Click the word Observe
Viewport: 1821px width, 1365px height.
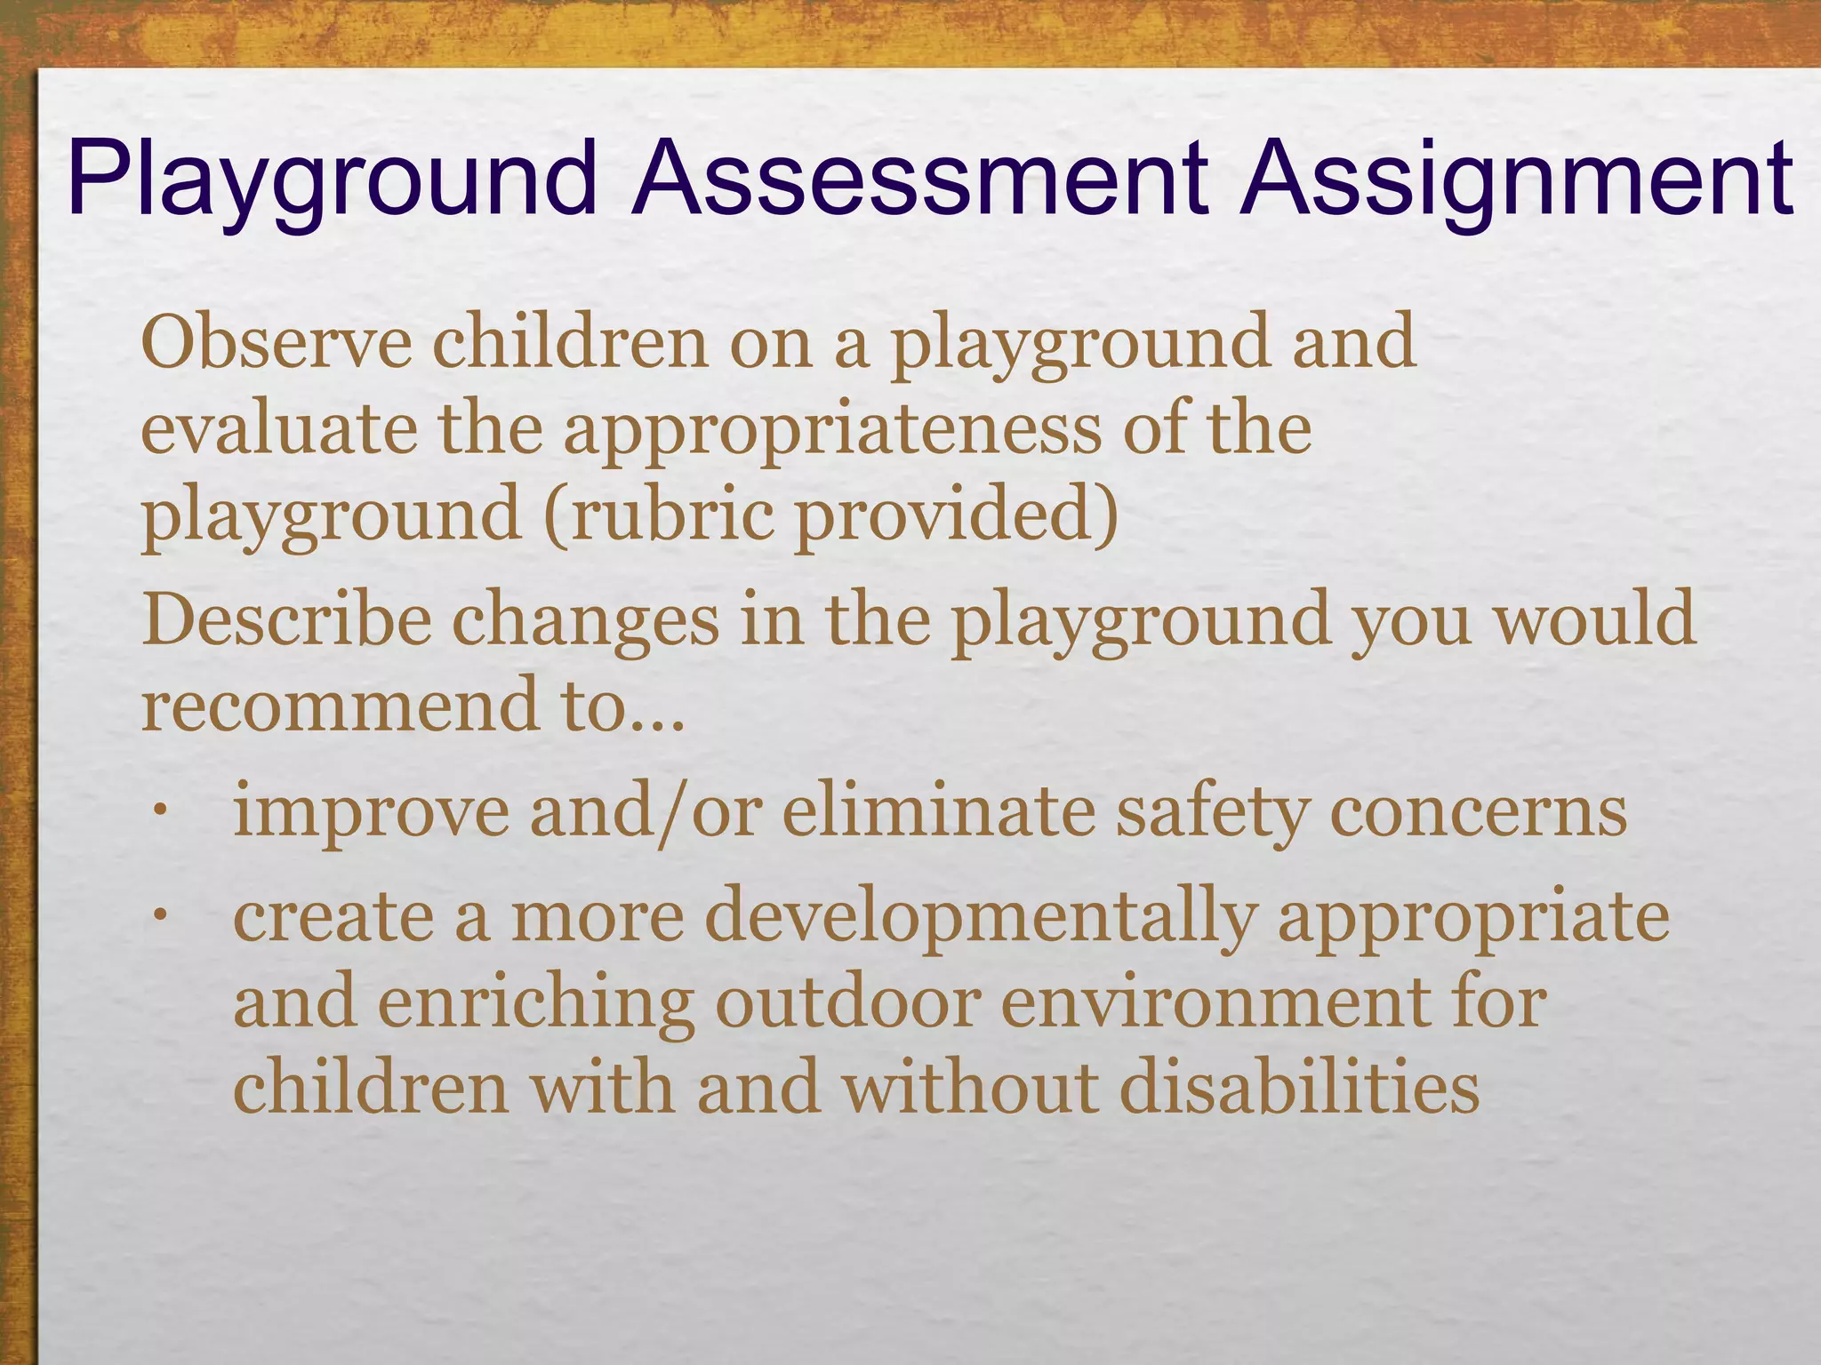(277, 342)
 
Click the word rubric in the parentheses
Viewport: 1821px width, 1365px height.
(671, 515)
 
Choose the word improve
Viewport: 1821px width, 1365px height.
(371, 814)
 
